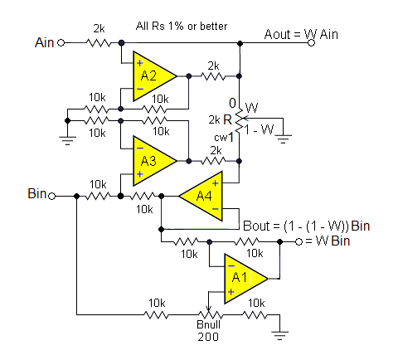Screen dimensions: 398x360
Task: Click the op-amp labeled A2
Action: (x=154, y=76)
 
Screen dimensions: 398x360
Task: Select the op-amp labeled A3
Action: (x=154, y=161)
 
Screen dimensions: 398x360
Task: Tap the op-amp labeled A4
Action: (x=201, y=196)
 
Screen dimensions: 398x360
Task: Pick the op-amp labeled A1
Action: (x=245, y=279)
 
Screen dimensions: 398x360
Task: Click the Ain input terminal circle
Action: (x=61, y=43)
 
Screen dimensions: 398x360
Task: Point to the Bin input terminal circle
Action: (x=52, y=197)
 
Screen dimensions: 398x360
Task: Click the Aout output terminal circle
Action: (x=312, y=43)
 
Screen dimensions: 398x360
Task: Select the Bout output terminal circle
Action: (x=298, y=242)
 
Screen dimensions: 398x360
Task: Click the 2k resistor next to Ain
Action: (x=99, y=43)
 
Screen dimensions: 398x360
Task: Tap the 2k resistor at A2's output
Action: (x=213, y=76)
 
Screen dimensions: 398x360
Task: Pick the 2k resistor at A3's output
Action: (x=213, y=161)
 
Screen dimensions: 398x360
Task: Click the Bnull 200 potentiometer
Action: (x=209, y=314)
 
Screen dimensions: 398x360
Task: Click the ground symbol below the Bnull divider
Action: (x=280, y=335)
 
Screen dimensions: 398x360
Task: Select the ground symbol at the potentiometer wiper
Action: (x=284, y=139)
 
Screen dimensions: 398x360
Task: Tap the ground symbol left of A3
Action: (x=67, y=140)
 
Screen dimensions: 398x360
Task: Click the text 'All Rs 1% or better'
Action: (x=182, y=26)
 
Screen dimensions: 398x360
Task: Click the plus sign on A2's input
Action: (x=140, y=63)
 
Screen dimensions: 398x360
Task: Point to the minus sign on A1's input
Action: (x=231, y=266)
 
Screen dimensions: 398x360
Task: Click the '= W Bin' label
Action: (x=328, y=241)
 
